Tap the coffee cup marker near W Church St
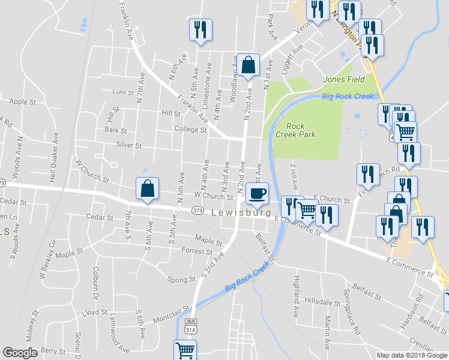pyautogui.click(x=257, y=194)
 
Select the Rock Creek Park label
pyautogui.click(x=296, y=130)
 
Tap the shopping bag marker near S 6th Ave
pyautogui.click(x=148, y=188)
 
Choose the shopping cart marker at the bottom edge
pyautogui.click(x=185, y=350)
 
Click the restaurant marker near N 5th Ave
pyautogui.click(x=200, y=29)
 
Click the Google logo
pyautogui.click(x=20, y=353)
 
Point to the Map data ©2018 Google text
pyautogui.click(x=411, y=355)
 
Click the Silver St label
pyautogui.click(x=128, y=145)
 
